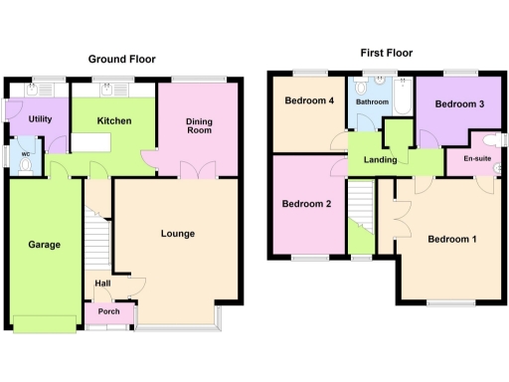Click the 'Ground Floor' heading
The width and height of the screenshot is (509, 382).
pyautogui.click(x=122, y=60)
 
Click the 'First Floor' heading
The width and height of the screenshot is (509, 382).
pyautogui.click(x=386, y=53)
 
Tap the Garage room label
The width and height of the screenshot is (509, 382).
pyautogui.click(x=44, y=244)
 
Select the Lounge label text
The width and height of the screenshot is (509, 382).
pyautogui.click(x=177, y=234)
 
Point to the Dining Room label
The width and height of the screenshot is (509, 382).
pyautogui.click(x=201, y=126)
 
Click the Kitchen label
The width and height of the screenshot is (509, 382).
pyautogui.click(x=114, y=121)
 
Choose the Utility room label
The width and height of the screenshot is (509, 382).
pyautogui.click(x=40, y=118)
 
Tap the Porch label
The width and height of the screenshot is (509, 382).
pyautogui.click(x=109, y=311)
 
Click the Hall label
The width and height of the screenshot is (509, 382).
pyautogui.click(x=102, y=284)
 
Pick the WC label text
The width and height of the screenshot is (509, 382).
pyautogui.click(x=25, y=153)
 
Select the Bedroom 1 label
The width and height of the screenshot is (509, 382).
pyautogui.click(x=452, y=239)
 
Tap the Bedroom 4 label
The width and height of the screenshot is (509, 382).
pyautogui.click(x=309, y=100)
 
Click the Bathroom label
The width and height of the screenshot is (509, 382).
pyautogui.click(x=374, y=101)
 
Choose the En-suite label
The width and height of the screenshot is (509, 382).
pyautogui.click(x=477, y=156)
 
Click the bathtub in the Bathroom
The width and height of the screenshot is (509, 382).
pyautogui.click(x=404, y=99)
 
